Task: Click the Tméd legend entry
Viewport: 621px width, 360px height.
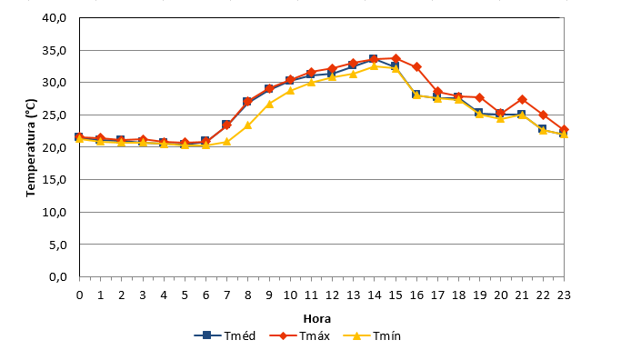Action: (x=225, y=335)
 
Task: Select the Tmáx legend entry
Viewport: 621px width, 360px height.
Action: (x=299, y=335)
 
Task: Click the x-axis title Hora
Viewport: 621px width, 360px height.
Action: (x=316, y=319)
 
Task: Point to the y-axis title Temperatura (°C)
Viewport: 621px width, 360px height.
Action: (x=31, y=147)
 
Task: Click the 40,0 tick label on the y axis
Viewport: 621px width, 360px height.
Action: (x=55, y=18)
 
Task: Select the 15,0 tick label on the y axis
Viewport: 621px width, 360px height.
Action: (x=55, y=179)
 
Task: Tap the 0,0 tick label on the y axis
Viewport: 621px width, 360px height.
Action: (x=58, y=277)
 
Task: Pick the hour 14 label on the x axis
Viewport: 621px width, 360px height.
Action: (x=375, y=295)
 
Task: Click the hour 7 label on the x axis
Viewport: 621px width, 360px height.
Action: (x=227, y=295)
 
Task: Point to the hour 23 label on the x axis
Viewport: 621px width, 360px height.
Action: (x=564, y=295)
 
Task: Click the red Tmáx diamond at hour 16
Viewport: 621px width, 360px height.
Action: (x=416, y=67)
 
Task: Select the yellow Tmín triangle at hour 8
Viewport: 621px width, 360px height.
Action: (x=248, y=125)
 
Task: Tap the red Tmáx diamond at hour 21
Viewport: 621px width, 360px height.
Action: (x=522, y=99)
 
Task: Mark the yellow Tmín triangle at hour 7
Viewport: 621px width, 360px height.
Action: (x=227, y=142)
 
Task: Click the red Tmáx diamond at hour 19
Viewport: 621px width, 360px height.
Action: (x=479, y=97)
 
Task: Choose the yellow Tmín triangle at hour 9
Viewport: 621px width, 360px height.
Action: (x=269, y=104)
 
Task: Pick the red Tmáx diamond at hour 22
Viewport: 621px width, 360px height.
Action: (x=543, y=115)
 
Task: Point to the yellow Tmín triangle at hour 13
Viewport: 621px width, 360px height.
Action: (x=354, y=74)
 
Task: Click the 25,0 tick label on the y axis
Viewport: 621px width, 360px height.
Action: (x=55, y=115)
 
